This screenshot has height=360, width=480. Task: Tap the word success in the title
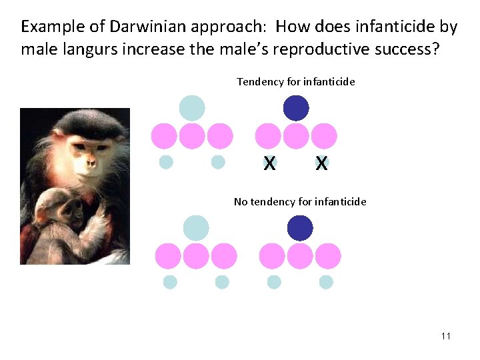click(x=409, y=50)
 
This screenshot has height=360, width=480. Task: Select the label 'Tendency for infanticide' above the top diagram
click(x=295, y=82)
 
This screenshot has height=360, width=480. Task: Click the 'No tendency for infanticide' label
click(x=300, y=201)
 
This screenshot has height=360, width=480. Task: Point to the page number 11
click(x=445, y=335)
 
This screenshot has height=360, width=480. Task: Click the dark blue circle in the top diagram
click(x=296, y=108)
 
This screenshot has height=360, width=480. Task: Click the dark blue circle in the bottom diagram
click(x=300, y=228)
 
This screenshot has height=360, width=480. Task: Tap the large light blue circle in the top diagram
click(x=192, y=108)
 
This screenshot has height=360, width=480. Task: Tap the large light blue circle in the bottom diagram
click(x=196, y=228)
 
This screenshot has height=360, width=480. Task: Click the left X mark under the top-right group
click(x=269, y=163)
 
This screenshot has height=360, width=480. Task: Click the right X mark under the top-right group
click(x=321, y=163)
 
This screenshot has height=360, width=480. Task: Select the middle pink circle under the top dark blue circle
click(x=296, y=136)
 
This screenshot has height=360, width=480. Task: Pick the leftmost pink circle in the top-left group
click(x=164, y=136)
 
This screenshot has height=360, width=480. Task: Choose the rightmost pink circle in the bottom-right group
click(x=327, y=256)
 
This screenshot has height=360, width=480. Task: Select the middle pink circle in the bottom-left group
click(x=196, y=256)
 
